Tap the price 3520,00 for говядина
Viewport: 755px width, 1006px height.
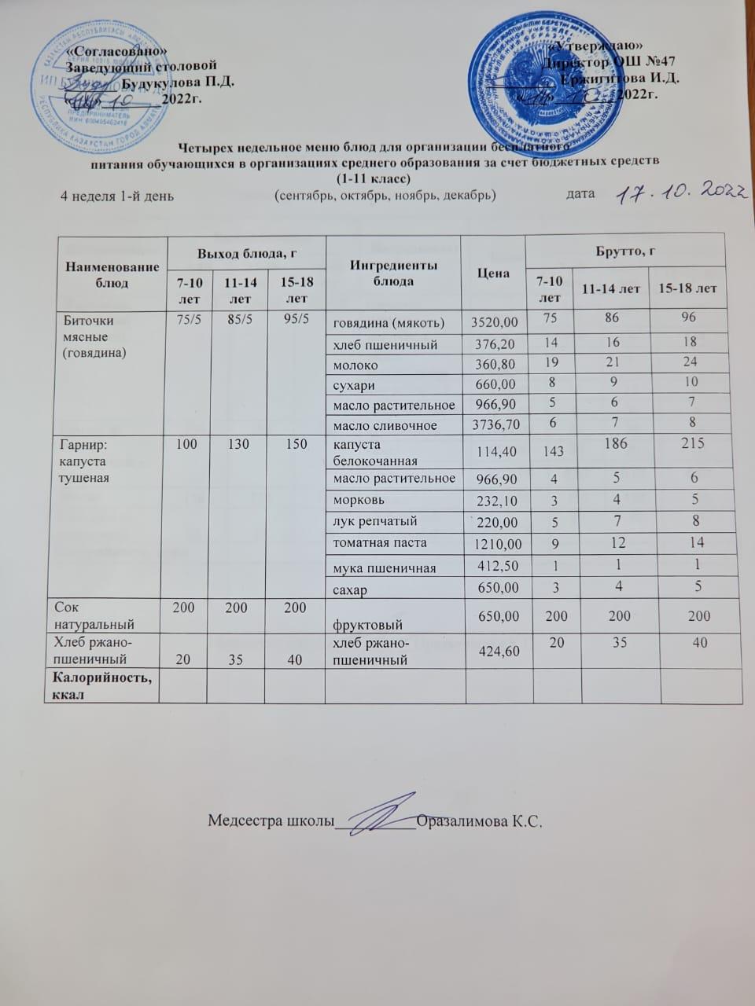(x=494, y=322)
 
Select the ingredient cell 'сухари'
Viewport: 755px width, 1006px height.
(x=354, y=385)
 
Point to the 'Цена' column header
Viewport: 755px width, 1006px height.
(x=494, y=273)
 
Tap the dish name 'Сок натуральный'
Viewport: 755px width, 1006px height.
(x=94, y=615)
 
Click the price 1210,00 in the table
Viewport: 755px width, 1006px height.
(x=494, y=543)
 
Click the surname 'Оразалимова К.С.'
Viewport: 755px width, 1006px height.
(x=481, y=821)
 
